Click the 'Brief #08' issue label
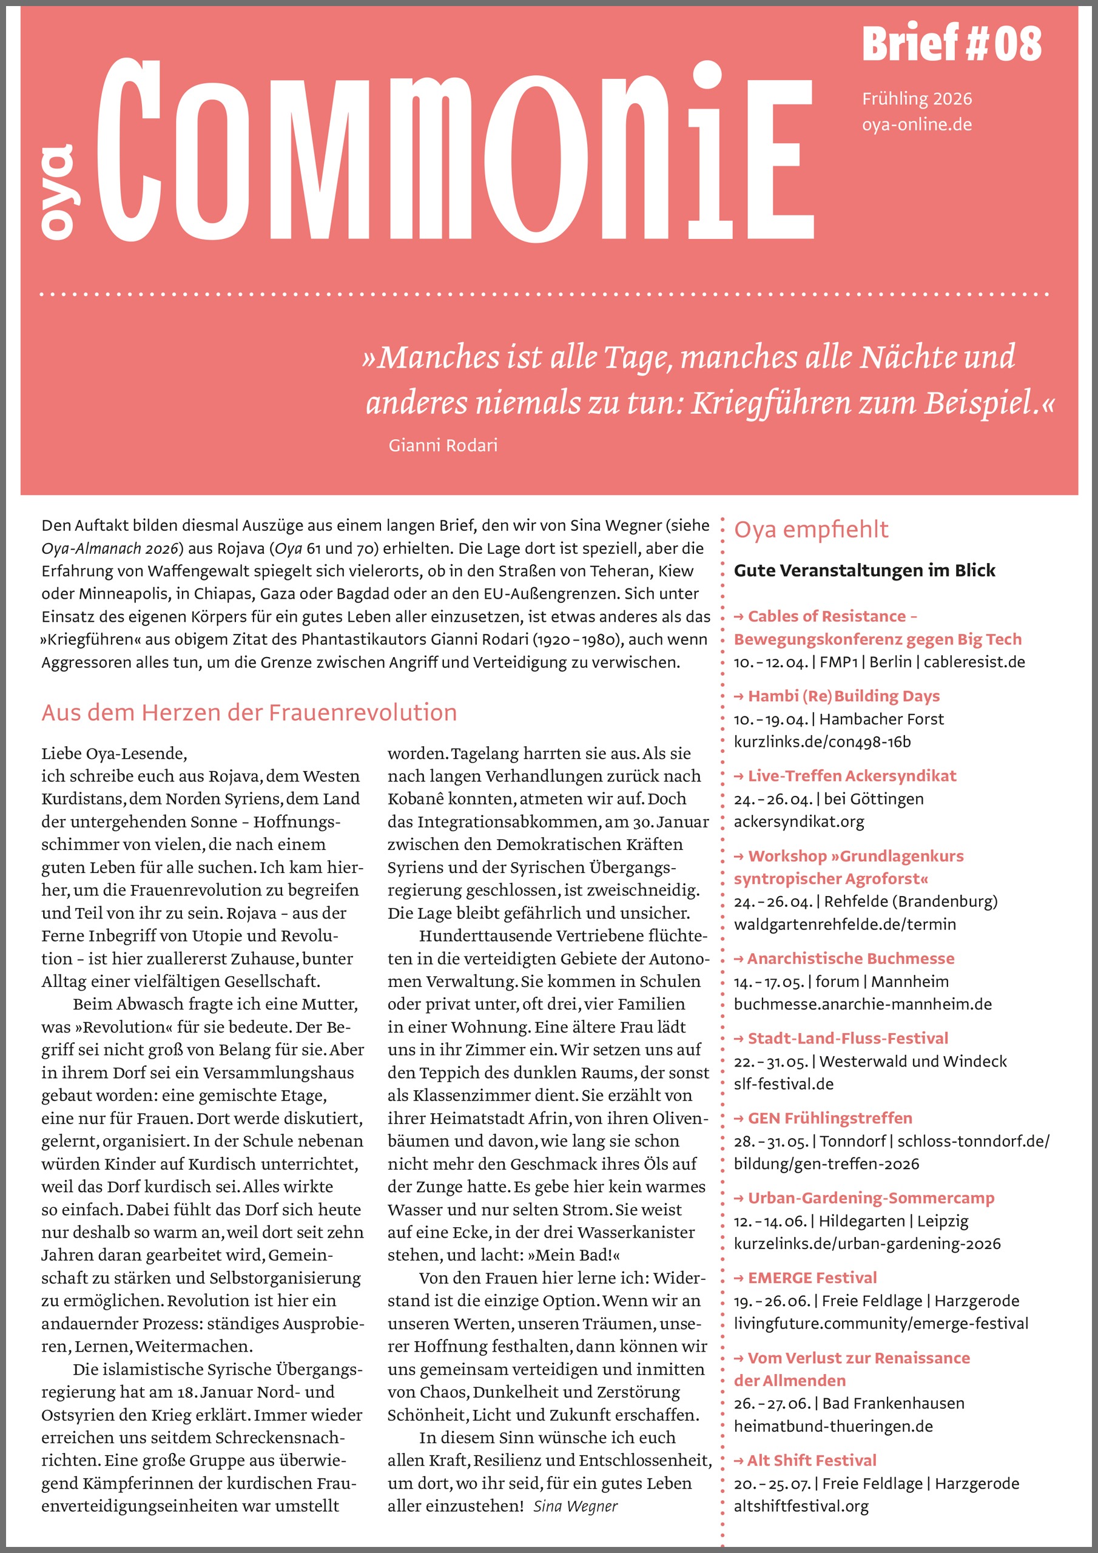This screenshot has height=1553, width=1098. click(951, 43)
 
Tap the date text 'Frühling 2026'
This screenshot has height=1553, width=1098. click(916, 99)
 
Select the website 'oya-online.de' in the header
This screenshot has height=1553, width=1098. click(916, 124)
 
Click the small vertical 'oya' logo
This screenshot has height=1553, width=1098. click(57, 192)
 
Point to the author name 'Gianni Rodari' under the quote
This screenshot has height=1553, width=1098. click(442, 445)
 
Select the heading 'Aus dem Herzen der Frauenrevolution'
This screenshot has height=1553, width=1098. click(249, 712)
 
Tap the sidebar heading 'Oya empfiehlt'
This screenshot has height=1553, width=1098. click(810, 529)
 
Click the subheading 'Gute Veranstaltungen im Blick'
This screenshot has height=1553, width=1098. click(864, 570)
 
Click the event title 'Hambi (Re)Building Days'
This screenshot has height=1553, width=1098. click(843, 695)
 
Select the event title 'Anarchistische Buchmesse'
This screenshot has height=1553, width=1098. click(850, 958)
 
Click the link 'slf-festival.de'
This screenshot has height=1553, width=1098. click(783, 1083)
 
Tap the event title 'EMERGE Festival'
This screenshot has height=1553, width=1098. click(812, 1277)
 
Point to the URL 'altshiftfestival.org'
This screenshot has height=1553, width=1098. click(800, 1506)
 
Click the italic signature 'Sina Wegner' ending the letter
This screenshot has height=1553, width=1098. click(575, 1506)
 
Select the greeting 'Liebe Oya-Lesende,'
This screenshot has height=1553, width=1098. click(113, 753)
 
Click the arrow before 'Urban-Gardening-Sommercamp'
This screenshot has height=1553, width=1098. click(739, 1198)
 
